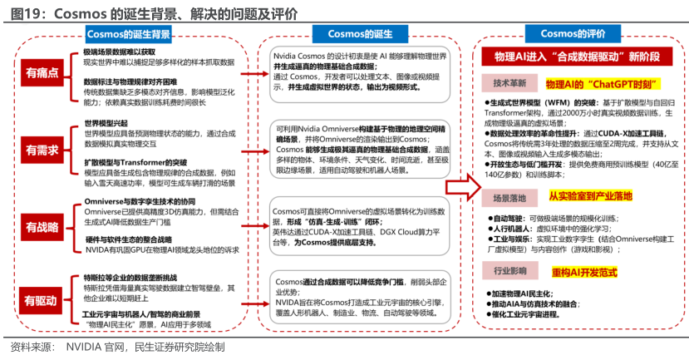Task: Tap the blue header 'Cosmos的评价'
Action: (573, 34)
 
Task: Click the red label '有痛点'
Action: (42, 72)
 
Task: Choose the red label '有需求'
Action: (42, 150)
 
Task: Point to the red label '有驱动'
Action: (42, 299)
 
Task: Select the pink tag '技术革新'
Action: (509, 84)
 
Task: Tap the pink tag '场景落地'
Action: (509, 199)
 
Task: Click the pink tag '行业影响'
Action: (509, 272)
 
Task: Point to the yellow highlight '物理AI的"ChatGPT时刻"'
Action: (588, 84)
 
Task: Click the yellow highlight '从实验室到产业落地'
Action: (590, 197)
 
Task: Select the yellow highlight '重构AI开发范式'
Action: (584, 272)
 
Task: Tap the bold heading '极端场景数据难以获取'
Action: (119, 52)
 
